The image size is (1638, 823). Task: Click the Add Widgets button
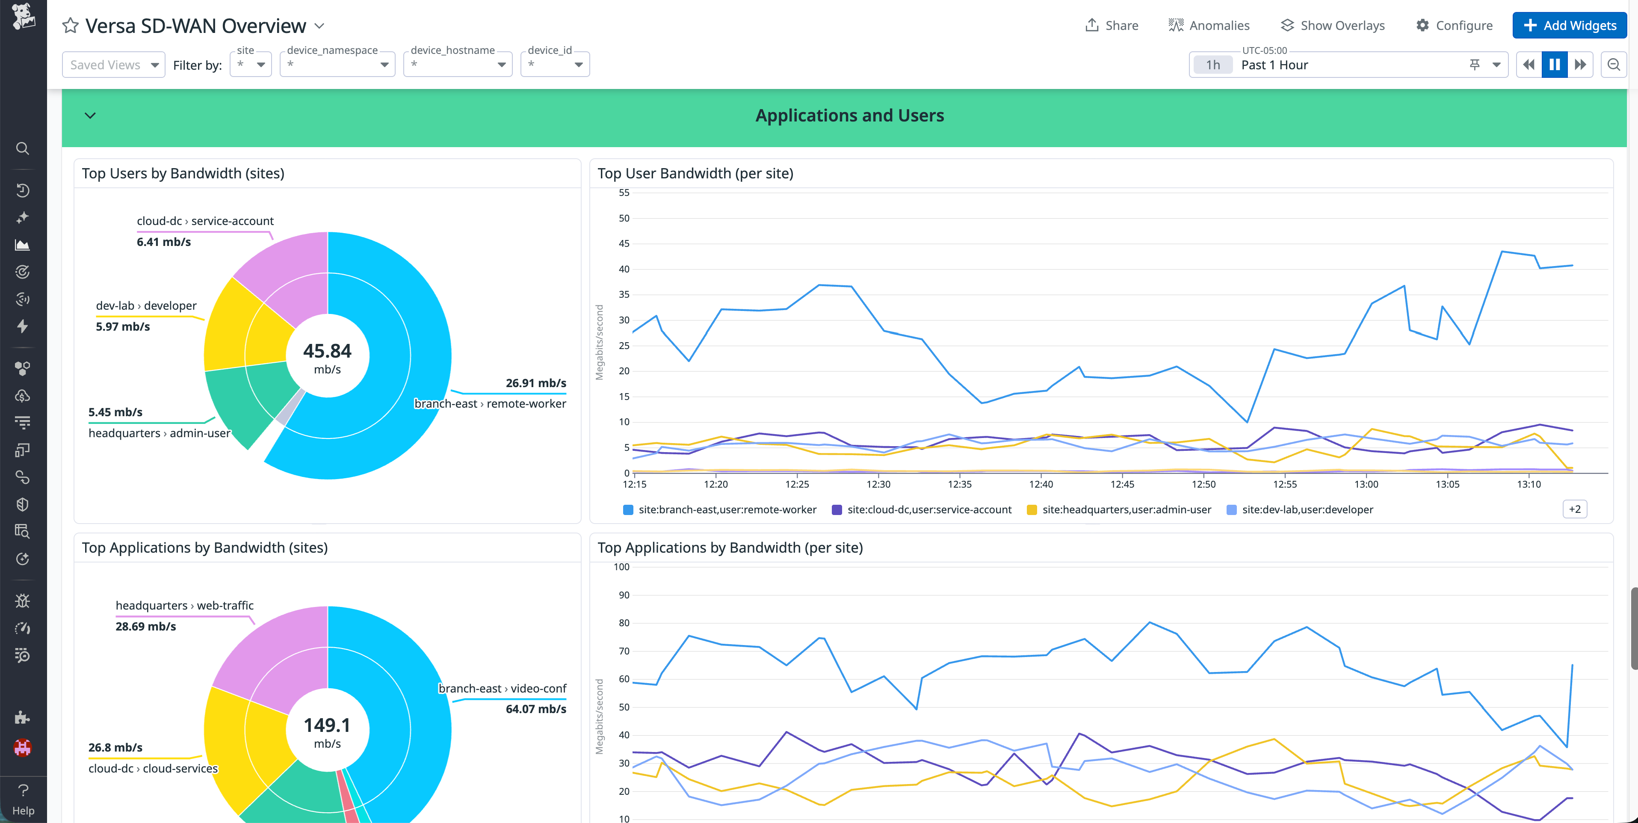(1569, 25)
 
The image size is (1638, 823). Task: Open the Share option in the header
(1112, 25)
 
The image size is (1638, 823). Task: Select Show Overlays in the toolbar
(1332, 25)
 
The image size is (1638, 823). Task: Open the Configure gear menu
(1454, 25)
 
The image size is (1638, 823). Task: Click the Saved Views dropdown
(113, 65)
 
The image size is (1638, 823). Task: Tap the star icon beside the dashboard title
(70, 26)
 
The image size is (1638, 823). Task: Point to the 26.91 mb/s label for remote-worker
(535, 383)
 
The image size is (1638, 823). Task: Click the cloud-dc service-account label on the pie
(205, 221)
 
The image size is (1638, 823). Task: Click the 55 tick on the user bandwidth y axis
(624, 193)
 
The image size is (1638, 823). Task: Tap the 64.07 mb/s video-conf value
(535, 708)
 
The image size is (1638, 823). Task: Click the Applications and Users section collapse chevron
(90, 116)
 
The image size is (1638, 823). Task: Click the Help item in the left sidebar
(23, 799)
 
